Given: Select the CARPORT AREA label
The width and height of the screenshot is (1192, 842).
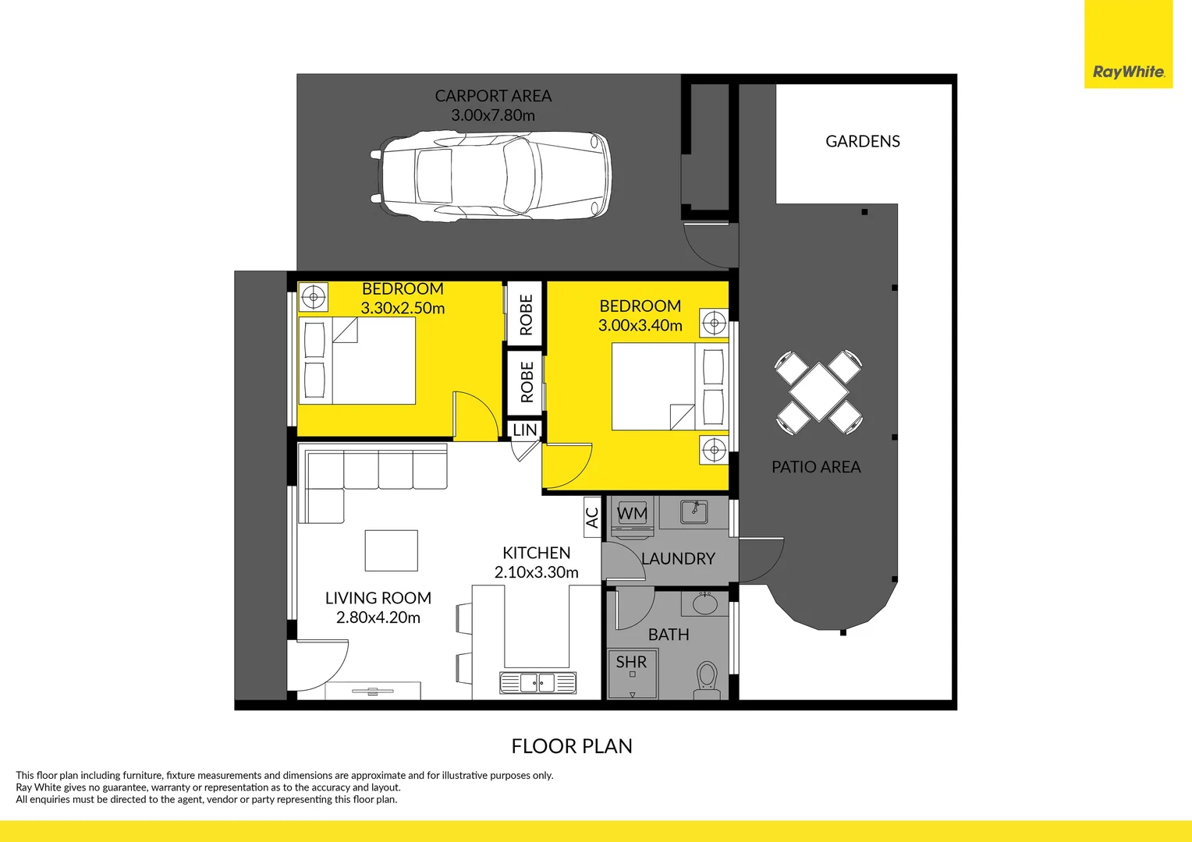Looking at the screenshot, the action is tap(493, 96).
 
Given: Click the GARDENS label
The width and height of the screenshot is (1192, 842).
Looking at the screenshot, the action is tap(863, 141).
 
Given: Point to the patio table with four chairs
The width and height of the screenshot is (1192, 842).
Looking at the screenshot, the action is tap(818, 392).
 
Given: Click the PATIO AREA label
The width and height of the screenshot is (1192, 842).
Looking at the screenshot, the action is tap(816, 466).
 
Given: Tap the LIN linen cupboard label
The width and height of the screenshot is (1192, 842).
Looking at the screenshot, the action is tap(525, 430).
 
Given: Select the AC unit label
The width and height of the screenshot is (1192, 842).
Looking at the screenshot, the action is tap(592, 516).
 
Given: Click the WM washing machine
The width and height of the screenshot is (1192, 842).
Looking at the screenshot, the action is tap(632, 517).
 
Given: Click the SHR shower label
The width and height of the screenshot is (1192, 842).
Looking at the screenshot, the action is tap(631, 662).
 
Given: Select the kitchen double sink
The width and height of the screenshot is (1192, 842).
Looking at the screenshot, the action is tap(537, 682).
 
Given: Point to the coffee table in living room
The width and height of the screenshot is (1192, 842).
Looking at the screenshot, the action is tap(391, 550).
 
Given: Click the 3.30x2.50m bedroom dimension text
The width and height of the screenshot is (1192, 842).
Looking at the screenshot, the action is tap(403, 308).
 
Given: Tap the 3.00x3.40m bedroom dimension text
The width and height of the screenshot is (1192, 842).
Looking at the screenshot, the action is tap(640, 325).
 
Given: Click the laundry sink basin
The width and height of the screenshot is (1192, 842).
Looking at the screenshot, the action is tap(694, 511).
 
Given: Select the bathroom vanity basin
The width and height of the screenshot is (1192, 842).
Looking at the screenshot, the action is tap(705, 603).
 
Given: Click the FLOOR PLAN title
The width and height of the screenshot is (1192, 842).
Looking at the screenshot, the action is tap(572, 746).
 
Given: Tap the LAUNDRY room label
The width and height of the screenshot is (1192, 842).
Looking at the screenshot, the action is tap(677, 558).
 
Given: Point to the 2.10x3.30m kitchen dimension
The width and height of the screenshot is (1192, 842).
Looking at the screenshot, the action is tap(536, 572).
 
